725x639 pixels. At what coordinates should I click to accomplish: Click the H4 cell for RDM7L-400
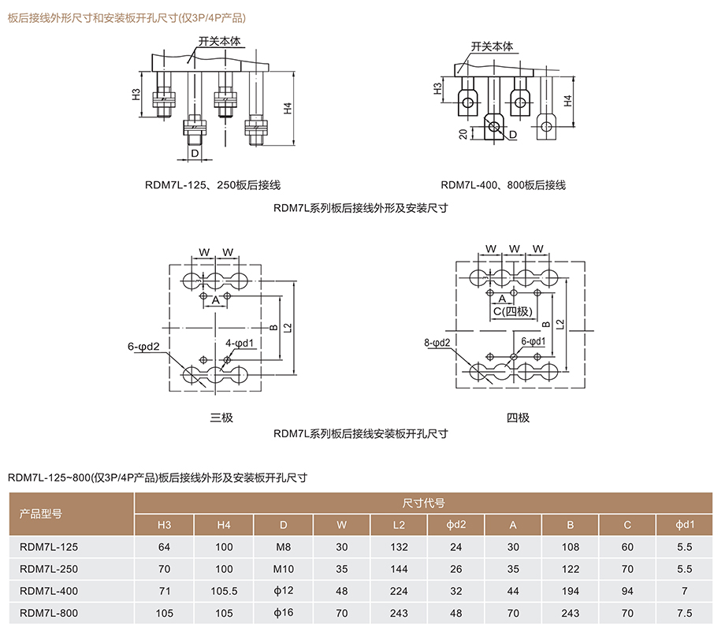click(x=224, y=590)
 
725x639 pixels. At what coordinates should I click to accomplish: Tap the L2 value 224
click(x=399, y=590)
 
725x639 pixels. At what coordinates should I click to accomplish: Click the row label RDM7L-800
click(x=49, y=612)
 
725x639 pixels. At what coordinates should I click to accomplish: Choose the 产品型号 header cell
click(x=40, y=514)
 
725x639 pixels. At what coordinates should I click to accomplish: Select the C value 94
click(x=627, y=590)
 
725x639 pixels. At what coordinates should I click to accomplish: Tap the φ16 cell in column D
click(x=283, y=612)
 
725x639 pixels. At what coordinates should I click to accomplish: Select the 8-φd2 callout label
click(x=437, y=343)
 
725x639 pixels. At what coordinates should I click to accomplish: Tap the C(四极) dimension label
click(x=514, y=311)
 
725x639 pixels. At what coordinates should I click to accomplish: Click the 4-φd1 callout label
click(x=240, y=343)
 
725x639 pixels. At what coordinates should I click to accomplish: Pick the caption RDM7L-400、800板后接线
click(x=504, y=185)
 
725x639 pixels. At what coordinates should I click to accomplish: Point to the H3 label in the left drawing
click(x=136, y=95)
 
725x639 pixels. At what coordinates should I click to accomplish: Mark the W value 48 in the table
click(x=341, y=590)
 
